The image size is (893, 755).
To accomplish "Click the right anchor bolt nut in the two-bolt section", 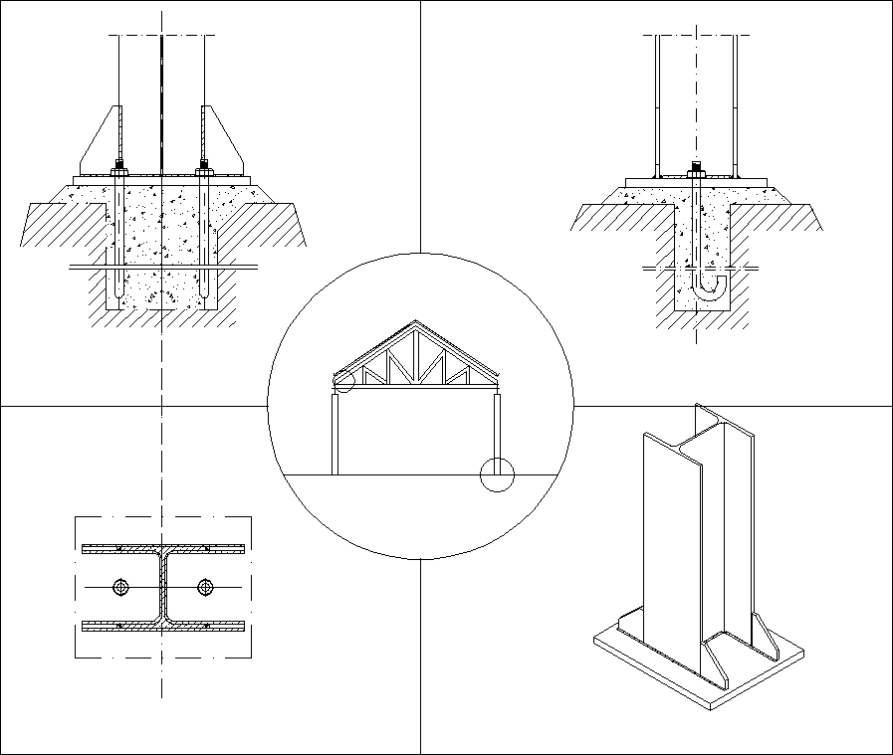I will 203,166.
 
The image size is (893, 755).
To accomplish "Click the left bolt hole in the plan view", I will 120,587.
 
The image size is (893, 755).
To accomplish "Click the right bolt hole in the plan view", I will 205,587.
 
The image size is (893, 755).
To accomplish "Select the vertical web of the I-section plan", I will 162,587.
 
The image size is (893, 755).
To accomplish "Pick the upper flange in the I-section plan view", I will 162,548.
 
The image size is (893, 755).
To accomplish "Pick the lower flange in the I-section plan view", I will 162,626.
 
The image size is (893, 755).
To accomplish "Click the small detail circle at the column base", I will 496,474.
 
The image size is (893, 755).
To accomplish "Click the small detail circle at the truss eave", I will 342,380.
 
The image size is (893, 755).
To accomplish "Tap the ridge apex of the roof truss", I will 416,323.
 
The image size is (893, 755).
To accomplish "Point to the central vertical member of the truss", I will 416,358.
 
